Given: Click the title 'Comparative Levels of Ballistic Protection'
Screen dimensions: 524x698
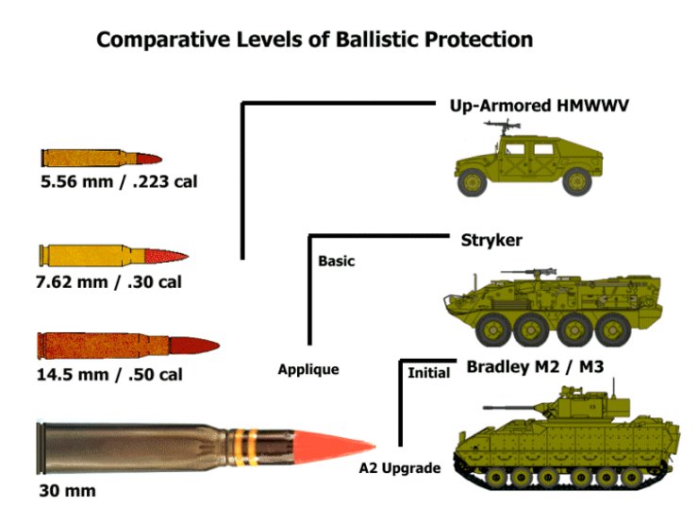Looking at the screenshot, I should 315,40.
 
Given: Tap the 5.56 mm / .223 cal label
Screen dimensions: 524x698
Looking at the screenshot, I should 118,180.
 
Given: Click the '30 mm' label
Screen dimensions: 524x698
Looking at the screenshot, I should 67,491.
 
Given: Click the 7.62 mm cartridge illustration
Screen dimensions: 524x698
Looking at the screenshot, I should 114,255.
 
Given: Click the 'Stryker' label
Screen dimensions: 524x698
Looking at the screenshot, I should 491,240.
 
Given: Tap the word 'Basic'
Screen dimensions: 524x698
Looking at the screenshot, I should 337,261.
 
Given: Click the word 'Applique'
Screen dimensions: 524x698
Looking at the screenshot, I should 308,369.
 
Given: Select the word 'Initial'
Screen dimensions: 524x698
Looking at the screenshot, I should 428,373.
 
